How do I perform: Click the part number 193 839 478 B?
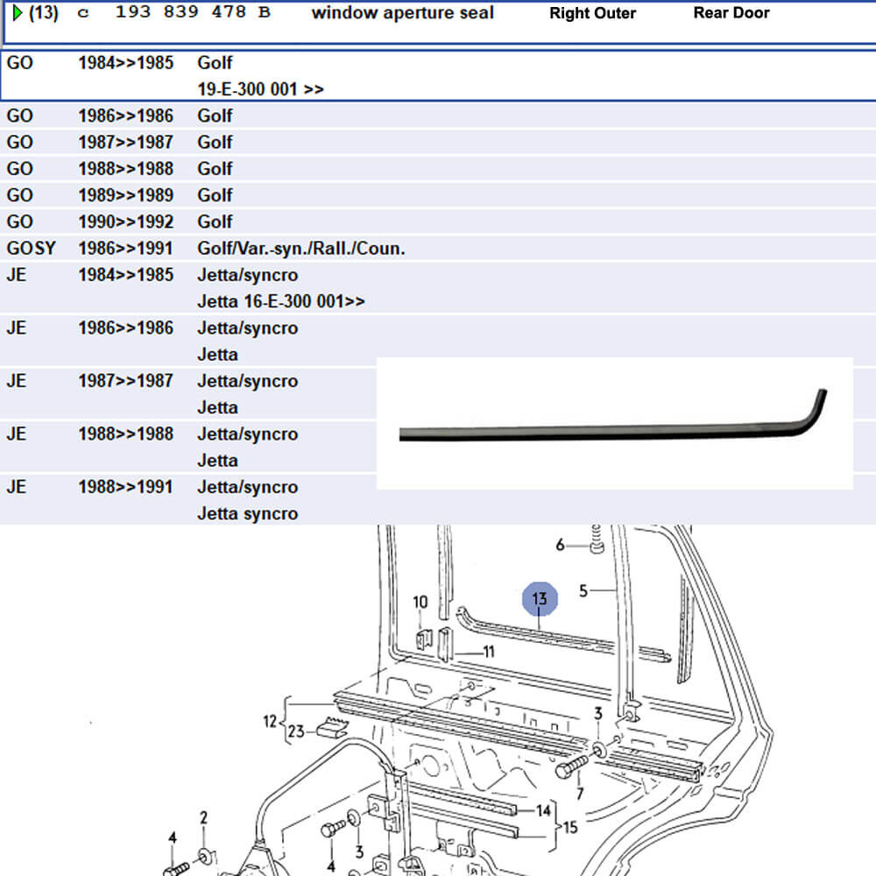click(x=193, y=13)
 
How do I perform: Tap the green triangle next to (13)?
click(x=17, y=13)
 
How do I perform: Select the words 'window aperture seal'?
click(x=402, y=13)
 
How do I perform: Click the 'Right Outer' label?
click(x=592, y=13)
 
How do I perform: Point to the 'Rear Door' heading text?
click(x=731, y=13)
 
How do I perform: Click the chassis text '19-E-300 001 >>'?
click(x=260, y=89)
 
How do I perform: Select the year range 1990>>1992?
click(x=125, y=222)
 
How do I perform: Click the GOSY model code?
click(x=31, y=249)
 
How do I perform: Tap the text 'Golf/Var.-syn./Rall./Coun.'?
click(x=301, y=249)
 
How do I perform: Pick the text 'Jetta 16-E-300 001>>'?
click(x=280, y=301)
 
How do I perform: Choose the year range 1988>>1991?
click(x=125, y=487)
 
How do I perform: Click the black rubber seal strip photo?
click(x=613, y=425)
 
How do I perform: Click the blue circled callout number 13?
click(x=540, y=599)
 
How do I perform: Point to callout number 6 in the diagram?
click(x=561, y=545)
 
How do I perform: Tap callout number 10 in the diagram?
click(x=420, y=602)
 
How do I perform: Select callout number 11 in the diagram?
click(x=489, y=652)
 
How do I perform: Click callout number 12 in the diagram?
click(x=270, y=721)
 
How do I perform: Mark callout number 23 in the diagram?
click(x=298, y=731)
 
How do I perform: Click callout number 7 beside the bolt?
click(x=579, y=794)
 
